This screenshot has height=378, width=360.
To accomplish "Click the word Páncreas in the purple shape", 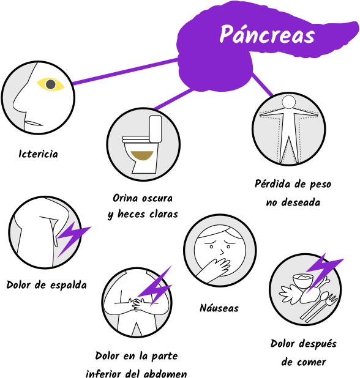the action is click(x=267, y=35).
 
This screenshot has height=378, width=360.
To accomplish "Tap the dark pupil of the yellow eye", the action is click(x=51, y=84).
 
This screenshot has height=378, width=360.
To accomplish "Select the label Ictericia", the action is click(x=39, y=154).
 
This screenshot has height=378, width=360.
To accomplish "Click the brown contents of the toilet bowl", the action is click(x=142, y=155).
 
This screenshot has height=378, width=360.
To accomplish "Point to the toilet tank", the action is click(x=156, y=129).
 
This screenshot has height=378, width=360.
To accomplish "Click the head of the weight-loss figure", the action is click(x=289, y=102).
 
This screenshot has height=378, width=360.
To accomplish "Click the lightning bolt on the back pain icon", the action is click(x=73, y=239).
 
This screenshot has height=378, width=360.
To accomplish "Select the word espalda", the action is click(x=69, y=285).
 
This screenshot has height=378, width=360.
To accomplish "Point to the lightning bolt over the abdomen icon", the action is click(x=154, y=286).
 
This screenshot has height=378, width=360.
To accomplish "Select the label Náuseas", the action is click(x=219, y=308).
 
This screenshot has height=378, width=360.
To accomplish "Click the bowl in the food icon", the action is click(x=303, y=281).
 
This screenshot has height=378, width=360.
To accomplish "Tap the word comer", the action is click(x=312, y=362).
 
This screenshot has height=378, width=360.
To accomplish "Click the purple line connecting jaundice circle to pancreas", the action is click(x=126, y=72).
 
